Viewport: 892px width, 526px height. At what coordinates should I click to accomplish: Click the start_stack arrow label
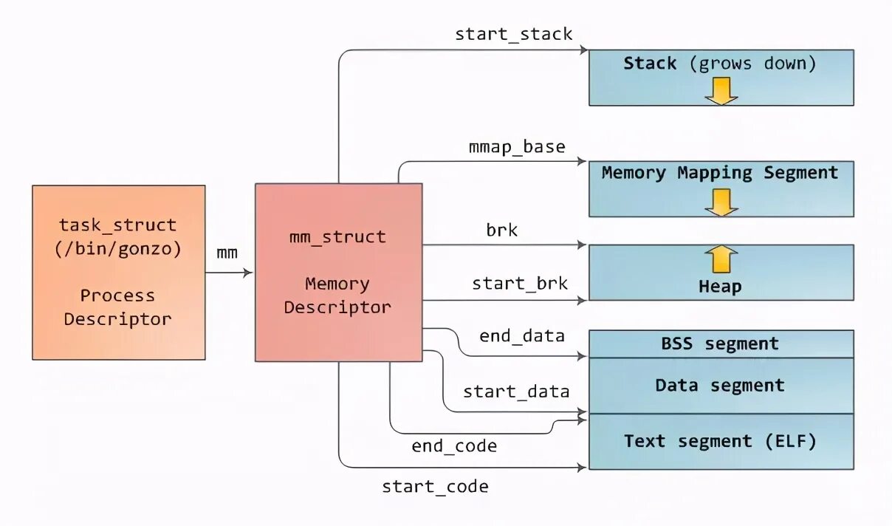point(513,34)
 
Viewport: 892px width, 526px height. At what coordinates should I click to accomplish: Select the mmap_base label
point(517,147)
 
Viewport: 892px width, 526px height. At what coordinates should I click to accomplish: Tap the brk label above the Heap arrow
point(501,230)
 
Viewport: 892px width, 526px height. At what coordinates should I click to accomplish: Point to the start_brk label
point(520,284)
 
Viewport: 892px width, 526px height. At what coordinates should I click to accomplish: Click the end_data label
point(521,337)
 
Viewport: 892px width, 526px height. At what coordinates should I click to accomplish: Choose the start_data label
point(516,392)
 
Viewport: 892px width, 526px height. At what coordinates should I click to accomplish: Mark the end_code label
point(454,446)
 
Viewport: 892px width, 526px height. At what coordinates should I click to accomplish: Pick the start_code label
point(435,487)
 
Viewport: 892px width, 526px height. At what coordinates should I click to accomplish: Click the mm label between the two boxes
point(227,253)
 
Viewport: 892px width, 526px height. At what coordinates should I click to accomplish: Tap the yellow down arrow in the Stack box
point(721,90)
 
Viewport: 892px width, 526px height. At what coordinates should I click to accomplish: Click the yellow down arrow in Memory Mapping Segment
point(721,202)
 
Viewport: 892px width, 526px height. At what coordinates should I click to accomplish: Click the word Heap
point(720,287)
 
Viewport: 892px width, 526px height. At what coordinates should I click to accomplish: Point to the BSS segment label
point(719,344)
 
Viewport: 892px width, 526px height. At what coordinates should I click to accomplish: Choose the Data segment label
point(719,386)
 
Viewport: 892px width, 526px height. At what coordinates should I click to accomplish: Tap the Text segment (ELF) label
point(720,442)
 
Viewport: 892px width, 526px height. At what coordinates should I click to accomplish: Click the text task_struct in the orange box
point(118,225)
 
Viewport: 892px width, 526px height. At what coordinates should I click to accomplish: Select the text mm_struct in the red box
point(337,237)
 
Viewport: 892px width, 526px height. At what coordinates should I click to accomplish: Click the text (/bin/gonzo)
point(118,249)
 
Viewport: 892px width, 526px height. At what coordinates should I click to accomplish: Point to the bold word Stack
point(650,64)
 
